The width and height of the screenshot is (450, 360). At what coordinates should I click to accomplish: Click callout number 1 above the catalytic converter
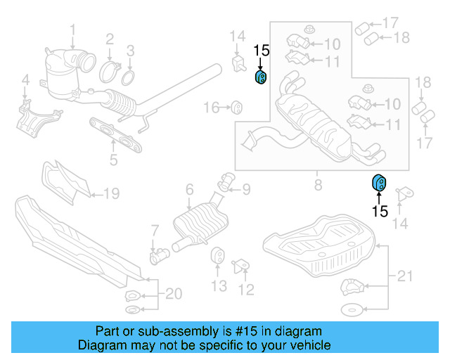(x=72, y=29)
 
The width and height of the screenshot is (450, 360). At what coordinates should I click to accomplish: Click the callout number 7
(x=155, y=231)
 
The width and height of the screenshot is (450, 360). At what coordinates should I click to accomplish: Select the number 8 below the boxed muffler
(x=317, y=186)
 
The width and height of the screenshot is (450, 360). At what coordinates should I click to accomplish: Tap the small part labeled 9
(x=227, y=183)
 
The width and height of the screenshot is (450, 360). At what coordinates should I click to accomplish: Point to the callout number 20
(x=172, y=294)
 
